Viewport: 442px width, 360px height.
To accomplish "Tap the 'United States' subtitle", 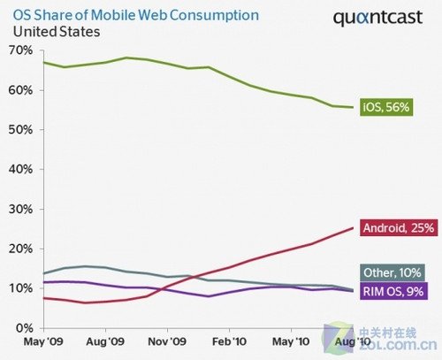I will pyautogui.click(x=56, y=32).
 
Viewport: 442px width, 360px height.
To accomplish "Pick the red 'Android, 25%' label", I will pyautogui.click(x=398, y=228).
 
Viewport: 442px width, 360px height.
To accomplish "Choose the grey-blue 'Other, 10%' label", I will pyautogui.click(x=395, y=271).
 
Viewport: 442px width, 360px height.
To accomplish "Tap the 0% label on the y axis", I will pyautogui.click(x=24, y=328).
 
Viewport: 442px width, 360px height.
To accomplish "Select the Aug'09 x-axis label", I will pyautogui.click(x=105, y=341).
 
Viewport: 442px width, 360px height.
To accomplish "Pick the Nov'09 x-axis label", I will pyautogui.click(x=166, y=341).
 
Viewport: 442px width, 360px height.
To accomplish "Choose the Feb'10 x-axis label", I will pyautogui.click(x=228, y=341).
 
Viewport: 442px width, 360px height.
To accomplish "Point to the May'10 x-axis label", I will pyautogui.click(x=289, y=341).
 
